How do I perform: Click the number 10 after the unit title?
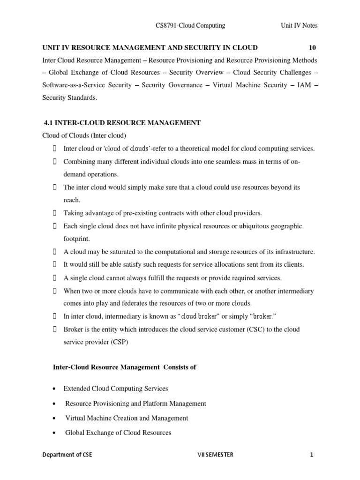(313, 48)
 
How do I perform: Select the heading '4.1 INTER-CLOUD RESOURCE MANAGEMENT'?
(122, 123)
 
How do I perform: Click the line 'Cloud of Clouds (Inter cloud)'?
(84, 136)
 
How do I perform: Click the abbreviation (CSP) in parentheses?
(119, 342)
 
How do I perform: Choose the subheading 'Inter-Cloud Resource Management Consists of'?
(125, 367)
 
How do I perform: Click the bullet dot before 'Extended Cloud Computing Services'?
(55, 389)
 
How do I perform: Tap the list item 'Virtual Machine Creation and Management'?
(127, 418)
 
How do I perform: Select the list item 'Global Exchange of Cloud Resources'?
(118, 433)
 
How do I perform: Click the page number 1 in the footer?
(311, 455)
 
